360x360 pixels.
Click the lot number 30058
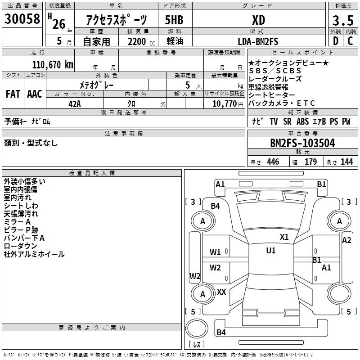click(22, 18)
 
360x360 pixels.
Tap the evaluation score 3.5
click(343, 21)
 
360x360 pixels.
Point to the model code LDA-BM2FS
click(258, 41)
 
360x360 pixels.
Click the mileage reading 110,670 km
click(53, 64)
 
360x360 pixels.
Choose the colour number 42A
click(74, 103)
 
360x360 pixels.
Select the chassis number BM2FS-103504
click(302, 143)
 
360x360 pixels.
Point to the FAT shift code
click(13, 94)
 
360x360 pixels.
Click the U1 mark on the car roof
click(270, 251)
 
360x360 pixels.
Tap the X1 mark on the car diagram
click(284, 237)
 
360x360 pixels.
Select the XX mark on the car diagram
click(221, 292)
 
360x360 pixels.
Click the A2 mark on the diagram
click(346, 240)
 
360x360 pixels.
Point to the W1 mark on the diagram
click(215, 252)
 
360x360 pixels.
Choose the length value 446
click(273, 162)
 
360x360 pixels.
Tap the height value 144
click(346, 162)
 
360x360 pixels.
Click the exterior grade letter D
click(335, 41)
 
